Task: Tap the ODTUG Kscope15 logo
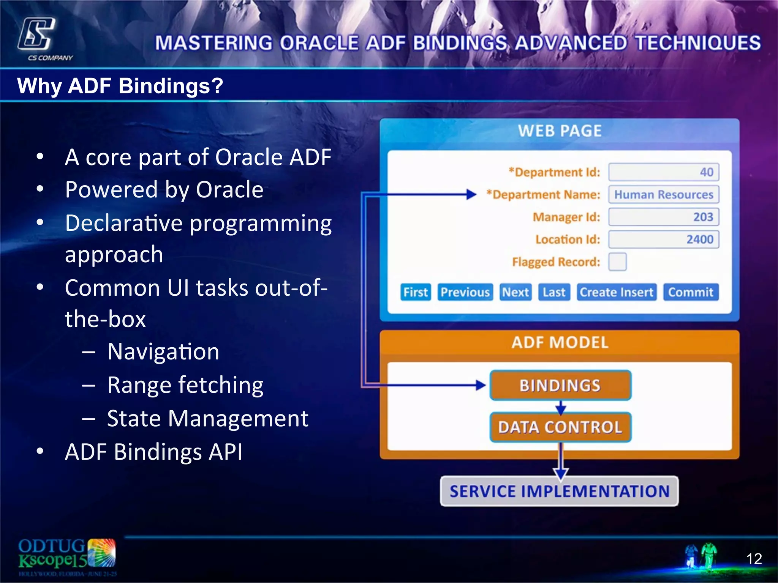pyautogui.click(x=66, y=555)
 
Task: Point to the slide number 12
pyautogui.click(x=754, y=559)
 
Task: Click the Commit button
pyautogui.click(x=691, y=292)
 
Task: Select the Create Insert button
pyautogui.click(x=616, y=292)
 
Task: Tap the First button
pyautogui.click(x=415, y=292)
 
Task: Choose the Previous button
pyautogui.click(x=465, y=292)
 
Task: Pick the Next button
pyautogui.click(x=516, y=292)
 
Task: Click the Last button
pyautogui.click(x=554, y=292)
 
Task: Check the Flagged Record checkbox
pyautogui.click(x=617, y=262)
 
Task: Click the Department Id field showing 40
pyautogui.click(x=664, y=172)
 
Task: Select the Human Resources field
pyautogui.click(x=664, y=195)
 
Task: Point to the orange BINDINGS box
pyautogui.click(x=560, y=385)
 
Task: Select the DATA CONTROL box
pyautogui.click(x=560, y=427)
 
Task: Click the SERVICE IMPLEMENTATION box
pyautogui.click(x=559, y=491)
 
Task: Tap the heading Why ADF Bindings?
pyautogui.click(x=120, y=86)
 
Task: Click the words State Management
pyautogui.click(x=207, y=419)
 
